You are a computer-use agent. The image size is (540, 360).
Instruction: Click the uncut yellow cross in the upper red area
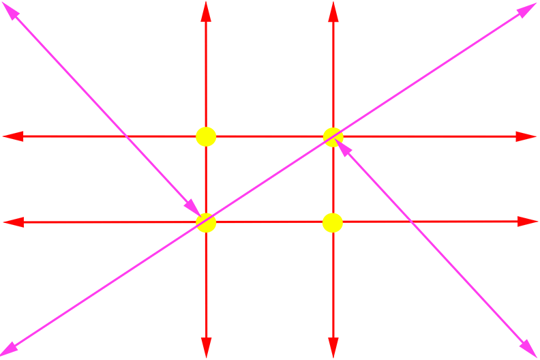click(x=206, y=136)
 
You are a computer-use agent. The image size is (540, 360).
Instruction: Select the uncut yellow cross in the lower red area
click(x=333, y=223)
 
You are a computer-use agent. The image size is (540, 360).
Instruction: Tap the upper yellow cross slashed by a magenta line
click(x=333, y=136)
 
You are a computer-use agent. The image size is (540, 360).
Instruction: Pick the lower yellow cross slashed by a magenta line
click(x=207, y=223)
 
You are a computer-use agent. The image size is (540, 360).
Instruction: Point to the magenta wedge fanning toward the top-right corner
click(x=443, y=61)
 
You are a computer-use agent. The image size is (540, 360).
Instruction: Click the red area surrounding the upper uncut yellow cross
click(x=259, y=75)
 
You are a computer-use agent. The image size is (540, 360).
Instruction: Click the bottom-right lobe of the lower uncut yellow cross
click(x=341, y=231)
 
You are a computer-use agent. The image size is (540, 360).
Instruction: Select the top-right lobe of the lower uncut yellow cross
click(x=341, y=215)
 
